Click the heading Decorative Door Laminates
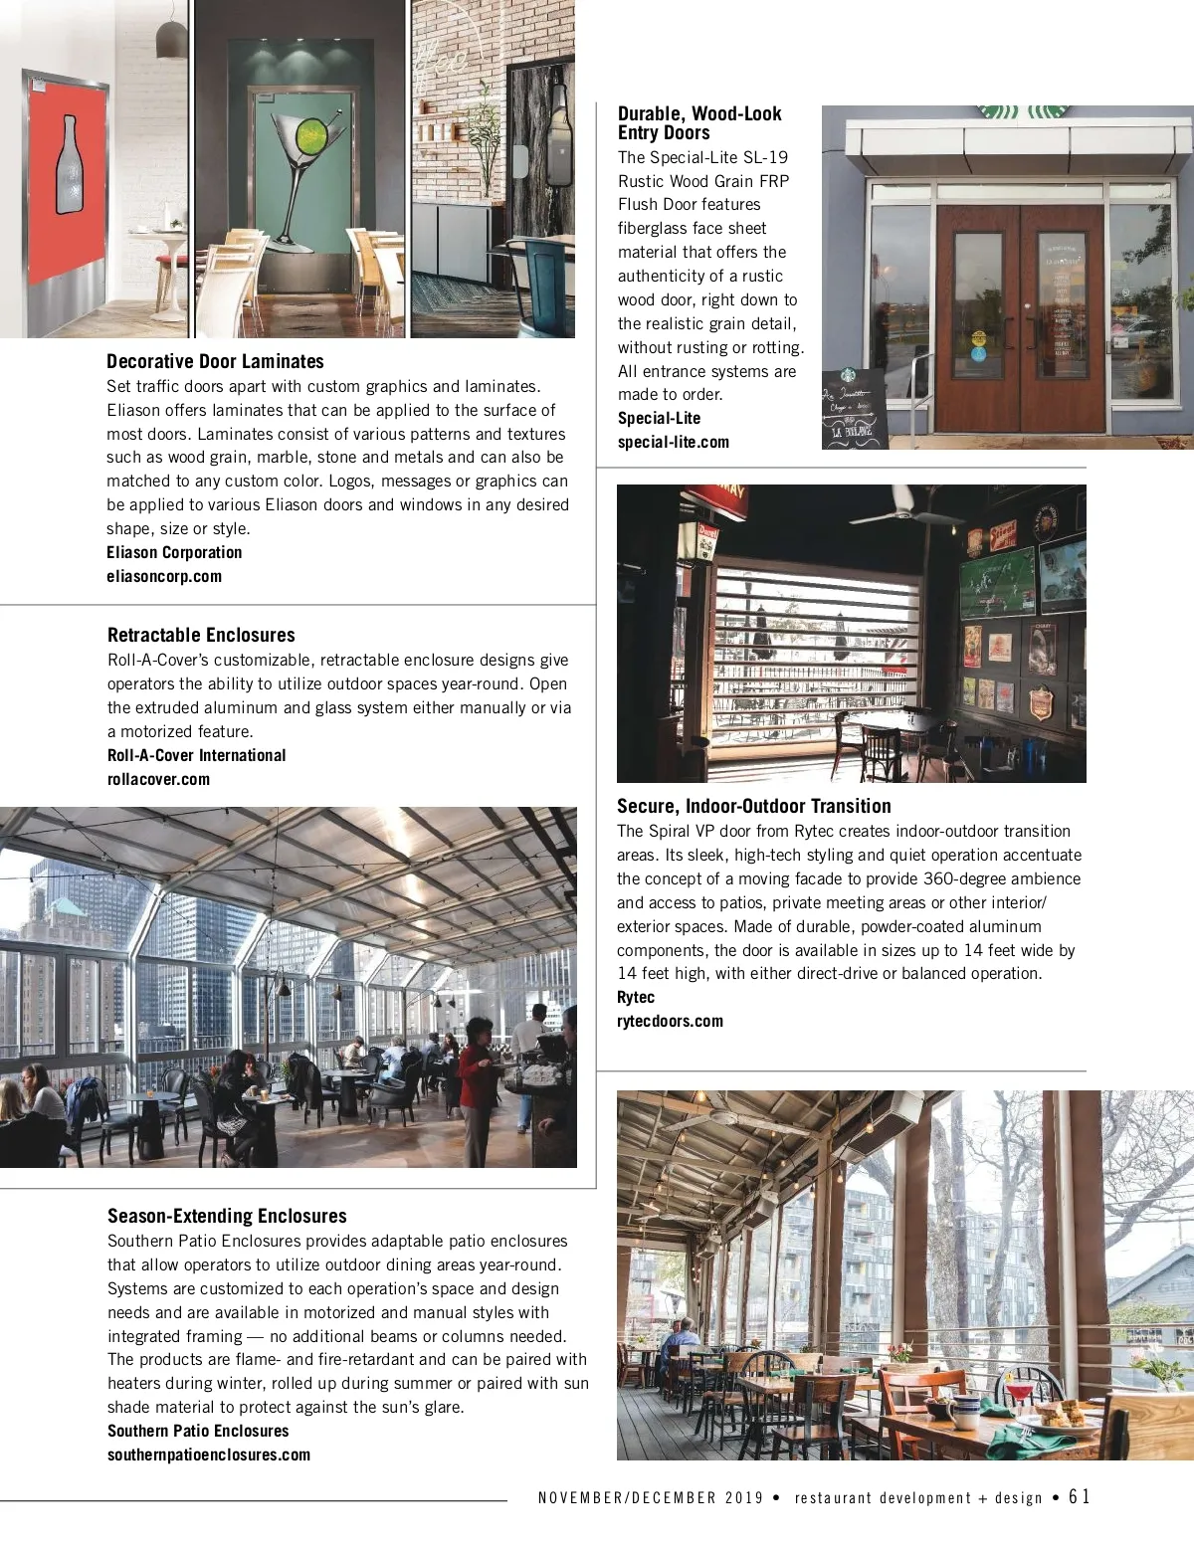(215, 361)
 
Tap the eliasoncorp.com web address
(164, 576)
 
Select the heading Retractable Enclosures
(201, 635)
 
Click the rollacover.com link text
(158, 779)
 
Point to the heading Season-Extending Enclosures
(227, 1216)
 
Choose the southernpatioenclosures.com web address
(209, 1454)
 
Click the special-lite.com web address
(673, 442)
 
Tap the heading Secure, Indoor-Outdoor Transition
(753, 806)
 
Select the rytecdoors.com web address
(670, 1021)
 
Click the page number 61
(1080, 1496)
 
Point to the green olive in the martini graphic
(310, 130)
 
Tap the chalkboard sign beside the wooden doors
(854, 408)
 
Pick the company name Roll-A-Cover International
(196, 755)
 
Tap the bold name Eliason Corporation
(174, 552)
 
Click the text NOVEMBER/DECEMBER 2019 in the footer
(651, 1497)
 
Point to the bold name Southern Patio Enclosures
(198, 1431)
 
